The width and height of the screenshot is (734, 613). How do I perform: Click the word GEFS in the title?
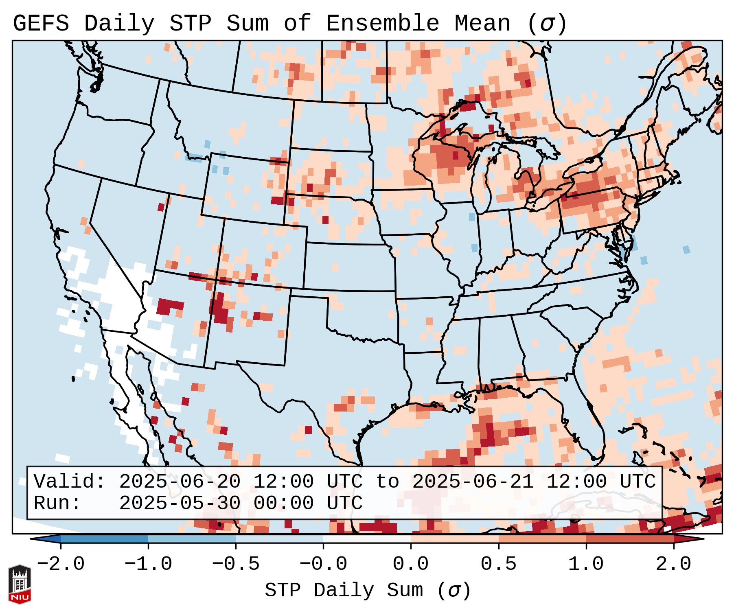pos(41,24)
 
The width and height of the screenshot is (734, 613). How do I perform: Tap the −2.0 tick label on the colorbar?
pos(61,564)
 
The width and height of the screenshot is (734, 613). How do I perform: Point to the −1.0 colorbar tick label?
pos(148,564)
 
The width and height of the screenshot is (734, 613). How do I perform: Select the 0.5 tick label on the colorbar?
pos(498,564)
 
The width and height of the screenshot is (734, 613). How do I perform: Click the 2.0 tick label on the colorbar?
pos(673,564)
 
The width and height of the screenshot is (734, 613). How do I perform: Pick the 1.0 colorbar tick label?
pos(586,564)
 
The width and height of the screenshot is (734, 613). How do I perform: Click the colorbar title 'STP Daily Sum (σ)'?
pos(368,591)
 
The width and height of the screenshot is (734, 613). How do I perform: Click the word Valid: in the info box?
pos(69,482)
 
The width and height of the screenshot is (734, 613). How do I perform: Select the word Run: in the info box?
pos(57,504)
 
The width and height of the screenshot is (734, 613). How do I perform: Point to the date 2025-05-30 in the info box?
pos(180,504)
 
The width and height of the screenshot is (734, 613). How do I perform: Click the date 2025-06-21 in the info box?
pos(473,482)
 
